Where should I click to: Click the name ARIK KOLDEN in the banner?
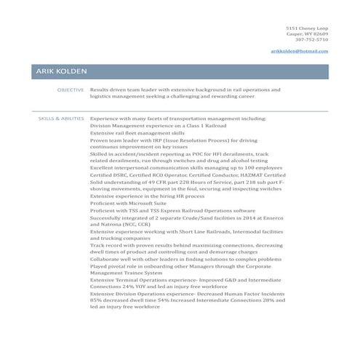[x=61, y=71]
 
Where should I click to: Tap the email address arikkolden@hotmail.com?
[x=299, y=51]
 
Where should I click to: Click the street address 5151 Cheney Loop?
[x=307, y=28]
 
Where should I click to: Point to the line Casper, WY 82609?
[x=308, y=33]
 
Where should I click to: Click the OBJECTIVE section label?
[x=71, y=89]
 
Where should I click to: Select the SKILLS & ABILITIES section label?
[x=61, y=118]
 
